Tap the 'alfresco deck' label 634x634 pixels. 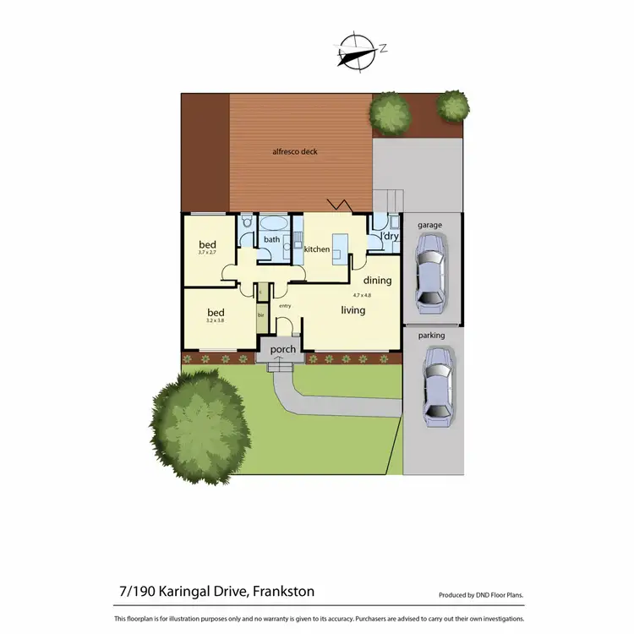295,152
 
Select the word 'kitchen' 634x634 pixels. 316,249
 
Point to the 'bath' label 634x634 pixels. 271,239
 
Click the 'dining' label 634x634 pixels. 377,280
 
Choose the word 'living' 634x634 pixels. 353,310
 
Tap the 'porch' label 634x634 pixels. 282,349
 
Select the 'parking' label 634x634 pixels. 431,336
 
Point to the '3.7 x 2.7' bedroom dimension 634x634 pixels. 208,253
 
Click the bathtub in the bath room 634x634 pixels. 273,224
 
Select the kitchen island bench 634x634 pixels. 340,247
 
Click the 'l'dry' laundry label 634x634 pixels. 390,237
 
